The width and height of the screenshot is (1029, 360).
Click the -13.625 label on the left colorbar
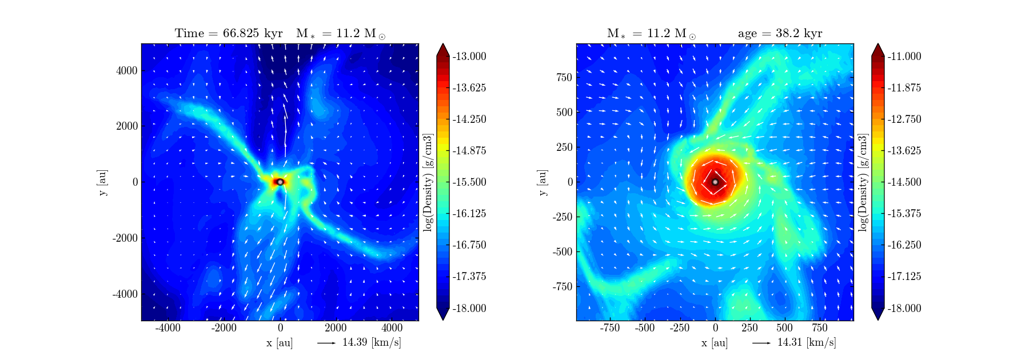pos(469,88)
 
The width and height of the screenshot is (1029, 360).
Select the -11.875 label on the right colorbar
pos(904,88)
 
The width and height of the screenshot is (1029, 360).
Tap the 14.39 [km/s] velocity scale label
pos(371,343)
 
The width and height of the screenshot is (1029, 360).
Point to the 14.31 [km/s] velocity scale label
pos(806,343)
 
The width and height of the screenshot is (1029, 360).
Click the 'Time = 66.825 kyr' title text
pos(229,33)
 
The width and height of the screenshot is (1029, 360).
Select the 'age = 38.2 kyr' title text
pos(780,33)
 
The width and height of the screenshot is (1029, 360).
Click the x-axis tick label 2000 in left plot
pos(336,328)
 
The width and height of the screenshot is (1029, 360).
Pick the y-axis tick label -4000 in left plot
pos(125,294)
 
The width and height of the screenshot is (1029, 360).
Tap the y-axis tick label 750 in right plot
pos(564,77)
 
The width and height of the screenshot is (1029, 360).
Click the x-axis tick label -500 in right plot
pos(644,328)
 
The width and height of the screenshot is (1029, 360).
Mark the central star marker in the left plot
pos(280,182)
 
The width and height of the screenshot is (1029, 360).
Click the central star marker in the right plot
pos(715,182)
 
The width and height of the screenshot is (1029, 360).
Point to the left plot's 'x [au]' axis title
pos(280,343)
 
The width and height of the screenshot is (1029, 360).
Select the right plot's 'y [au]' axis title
pos(543,182)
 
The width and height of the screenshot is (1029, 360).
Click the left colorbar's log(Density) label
pos(428,182)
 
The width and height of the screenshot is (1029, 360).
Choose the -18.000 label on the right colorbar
pos(904,309)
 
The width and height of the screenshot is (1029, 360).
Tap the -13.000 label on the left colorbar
pos(469,57)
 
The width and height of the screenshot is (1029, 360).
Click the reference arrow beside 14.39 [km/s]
pos(326,343)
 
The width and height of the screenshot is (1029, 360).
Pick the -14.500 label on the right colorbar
pos(904,182)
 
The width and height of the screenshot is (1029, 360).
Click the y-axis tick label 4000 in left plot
pos(127,71)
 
